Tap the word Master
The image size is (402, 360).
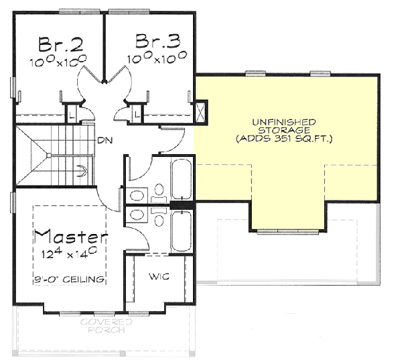(x=71, y=237)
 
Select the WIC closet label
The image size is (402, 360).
(x=157, y=276)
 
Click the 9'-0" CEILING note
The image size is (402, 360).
(x=71, y=279)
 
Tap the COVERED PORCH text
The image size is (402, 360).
(x=107, y=326)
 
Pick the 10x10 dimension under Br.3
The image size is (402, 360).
(x=157, y=59)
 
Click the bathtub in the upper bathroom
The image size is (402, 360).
(x=182, y=178)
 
